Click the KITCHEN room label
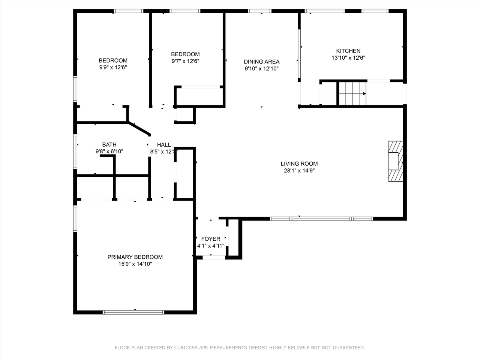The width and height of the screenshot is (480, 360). (x=348, y=51)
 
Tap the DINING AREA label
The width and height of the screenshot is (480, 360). (x=261, y=62)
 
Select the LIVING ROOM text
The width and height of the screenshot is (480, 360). (x=299, y=163)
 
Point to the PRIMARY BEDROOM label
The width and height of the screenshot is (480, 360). (x=135, y=257)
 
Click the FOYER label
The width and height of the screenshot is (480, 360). (x=211, y=239)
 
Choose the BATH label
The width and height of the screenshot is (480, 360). (x=109, y=144)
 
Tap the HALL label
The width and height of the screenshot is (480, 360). (x=164, y=144)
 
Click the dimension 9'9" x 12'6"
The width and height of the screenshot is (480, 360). (x=113, y=67)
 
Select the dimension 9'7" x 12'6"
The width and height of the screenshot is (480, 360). (x=185, y=61)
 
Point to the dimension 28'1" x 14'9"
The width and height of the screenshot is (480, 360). (x=299, y=171)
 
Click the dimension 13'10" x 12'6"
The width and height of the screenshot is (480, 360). (x=348, y=58)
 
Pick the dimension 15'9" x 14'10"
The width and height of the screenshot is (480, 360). (x=135, y=264)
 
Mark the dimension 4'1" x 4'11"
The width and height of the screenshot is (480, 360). (x=211, y=246)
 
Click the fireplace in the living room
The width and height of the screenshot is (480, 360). (x=395, y=161)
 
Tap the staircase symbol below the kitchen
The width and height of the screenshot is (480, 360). (x=352, y=94)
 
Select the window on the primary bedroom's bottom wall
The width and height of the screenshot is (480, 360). (x=133, y=312)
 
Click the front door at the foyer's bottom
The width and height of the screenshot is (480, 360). (x=214, y=257)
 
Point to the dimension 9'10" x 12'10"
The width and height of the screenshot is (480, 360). (x=261, y=69)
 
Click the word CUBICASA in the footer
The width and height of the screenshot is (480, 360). (x=186, y=348)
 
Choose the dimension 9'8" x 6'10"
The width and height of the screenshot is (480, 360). (x=109, y=151)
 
